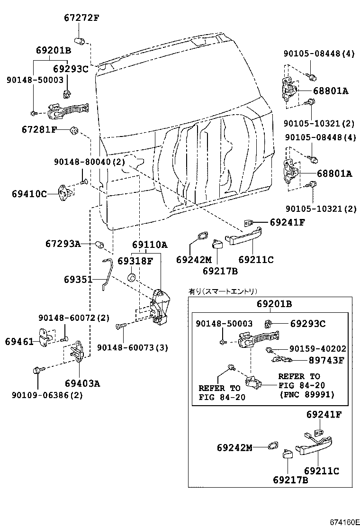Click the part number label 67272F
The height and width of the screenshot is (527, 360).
click(x=81, y=18)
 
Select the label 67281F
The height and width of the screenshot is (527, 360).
click(x=39, y=129)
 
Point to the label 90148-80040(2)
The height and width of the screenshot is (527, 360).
click(x=89, y=162)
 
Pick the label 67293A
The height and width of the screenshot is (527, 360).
click(x=63, y=244)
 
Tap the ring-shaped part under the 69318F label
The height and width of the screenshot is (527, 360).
click(x=133, y=276)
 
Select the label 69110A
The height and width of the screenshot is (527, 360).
click(x=150, y=245)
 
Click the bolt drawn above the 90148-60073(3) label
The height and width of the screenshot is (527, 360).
click(x=121, y=326)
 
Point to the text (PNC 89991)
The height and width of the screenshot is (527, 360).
click(x=306, y=394)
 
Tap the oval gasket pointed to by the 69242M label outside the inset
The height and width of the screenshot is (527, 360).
click(x=201, y=236)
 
